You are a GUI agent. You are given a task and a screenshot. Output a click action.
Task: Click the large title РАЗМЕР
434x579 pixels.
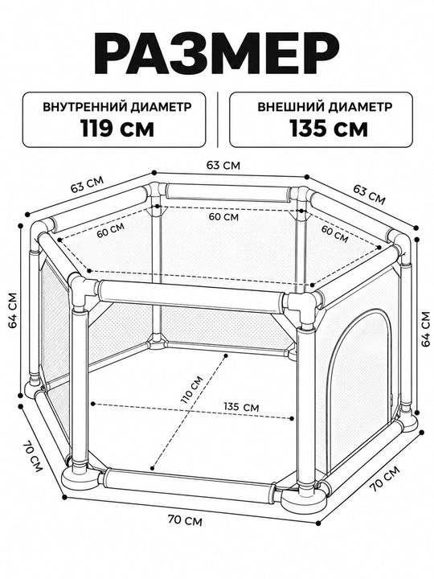point(217,55)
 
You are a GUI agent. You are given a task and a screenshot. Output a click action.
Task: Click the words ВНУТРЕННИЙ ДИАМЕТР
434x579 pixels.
point(117,107)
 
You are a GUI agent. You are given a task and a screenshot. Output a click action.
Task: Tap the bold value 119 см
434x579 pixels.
point(117,129)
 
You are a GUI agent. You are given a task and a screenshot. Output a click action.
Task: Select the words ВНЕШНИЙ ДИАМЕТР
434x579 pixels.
point(325,107)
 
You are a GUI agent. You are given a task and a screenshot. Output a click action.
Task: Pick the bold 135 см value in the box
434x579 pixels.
point(329,129)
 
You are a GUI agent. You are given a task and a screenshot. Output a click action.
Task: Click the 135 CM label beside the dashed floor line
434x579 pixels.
point(241,407)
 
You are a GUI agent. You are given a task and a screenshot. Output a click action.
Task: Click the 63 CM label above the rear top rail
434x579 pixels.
point(223,165)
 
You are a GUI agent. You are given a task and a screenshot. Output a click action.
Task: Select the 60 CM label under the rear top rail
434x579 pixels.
point(223,217)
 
